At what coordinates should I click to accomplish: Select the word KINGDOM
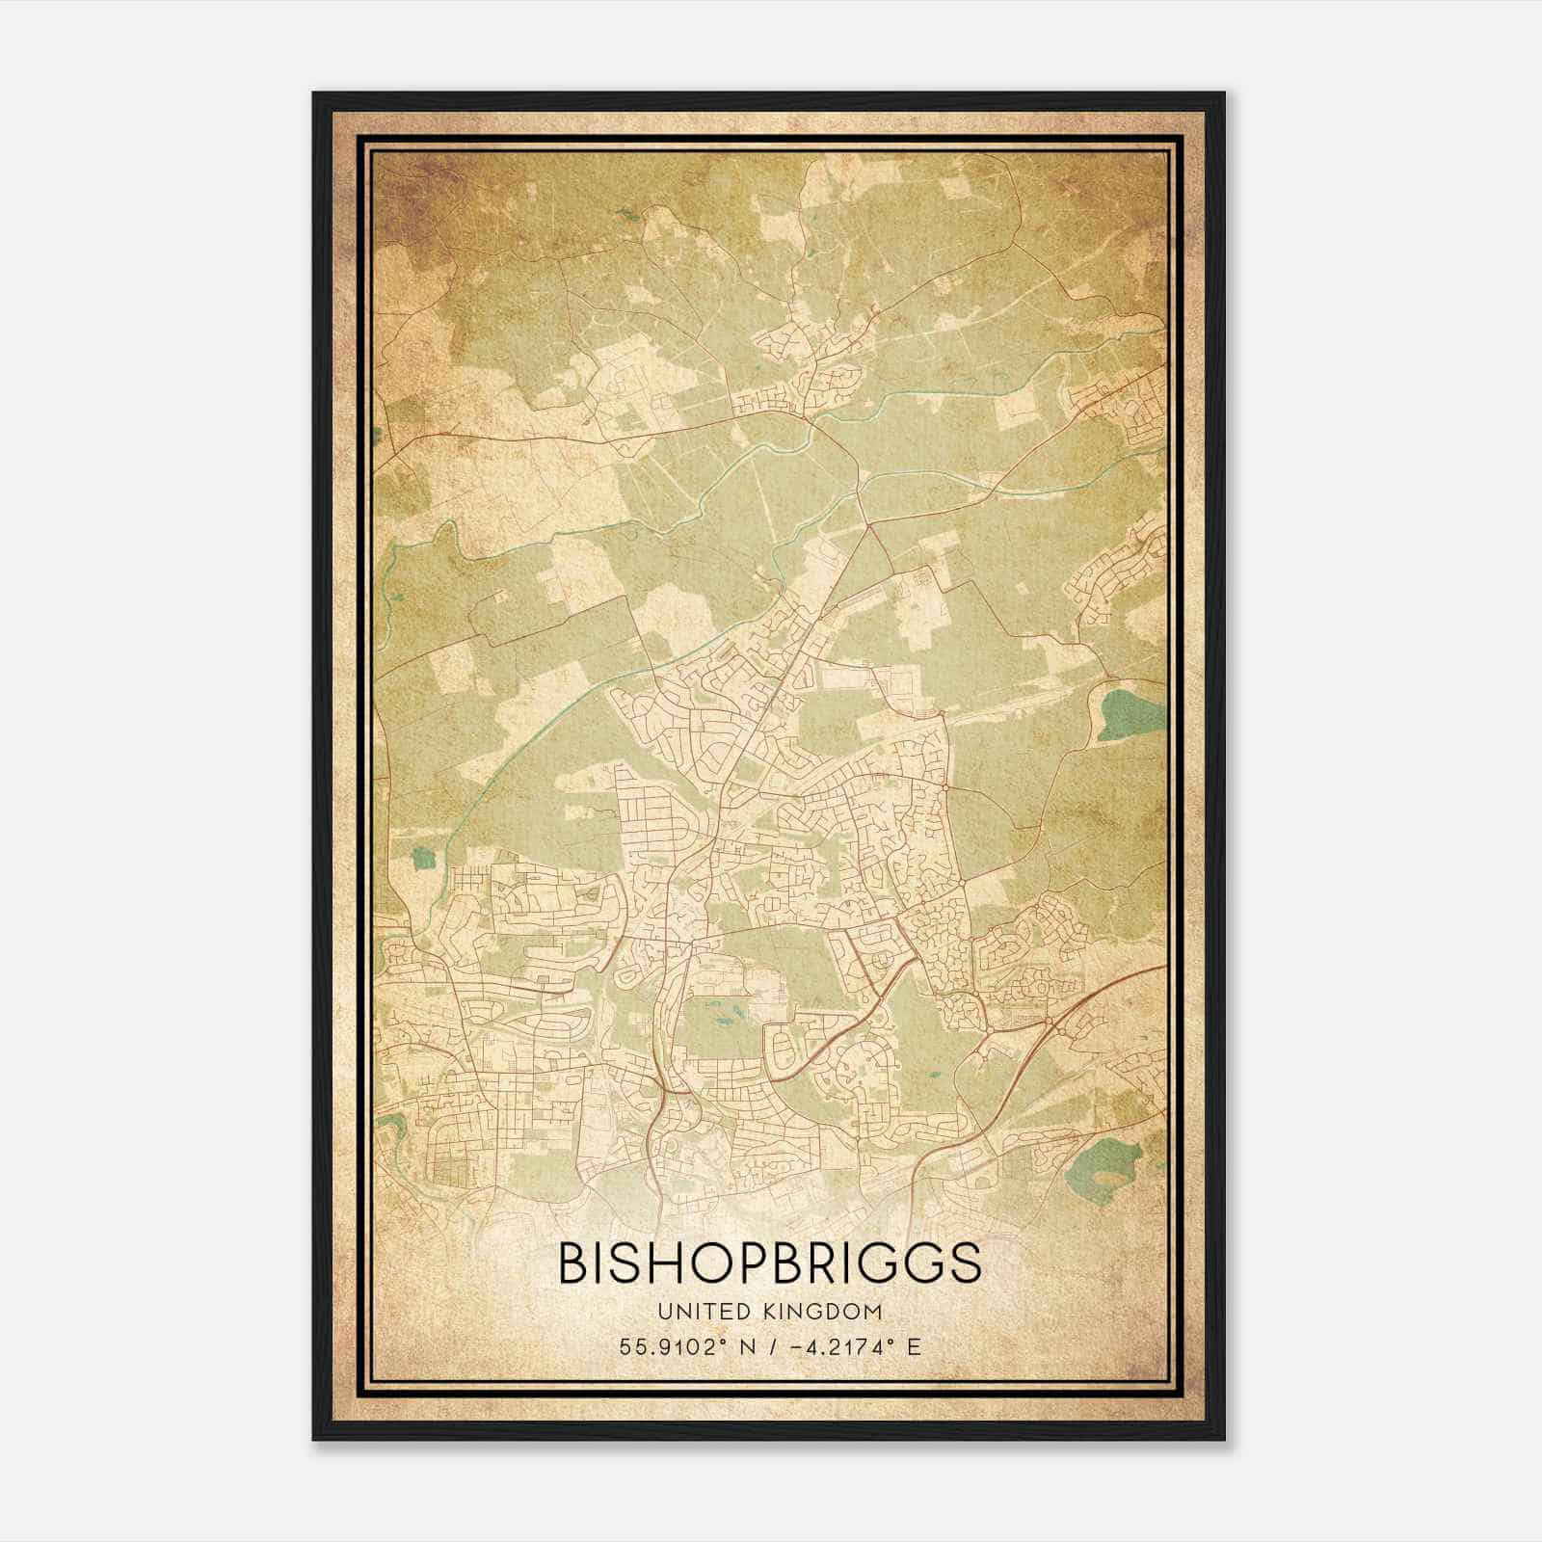click(x=829, y=1311)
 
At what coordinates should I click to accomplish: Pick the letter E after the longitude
click(x=913, y=1345)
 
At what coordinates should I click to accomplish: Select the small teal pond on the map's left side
click(x=421, y=856)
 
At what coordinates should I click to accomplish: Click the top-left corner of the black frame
click(x=314, y=93)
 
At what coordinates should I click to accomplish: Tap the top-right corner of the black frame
click(x=1223, y=93)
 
